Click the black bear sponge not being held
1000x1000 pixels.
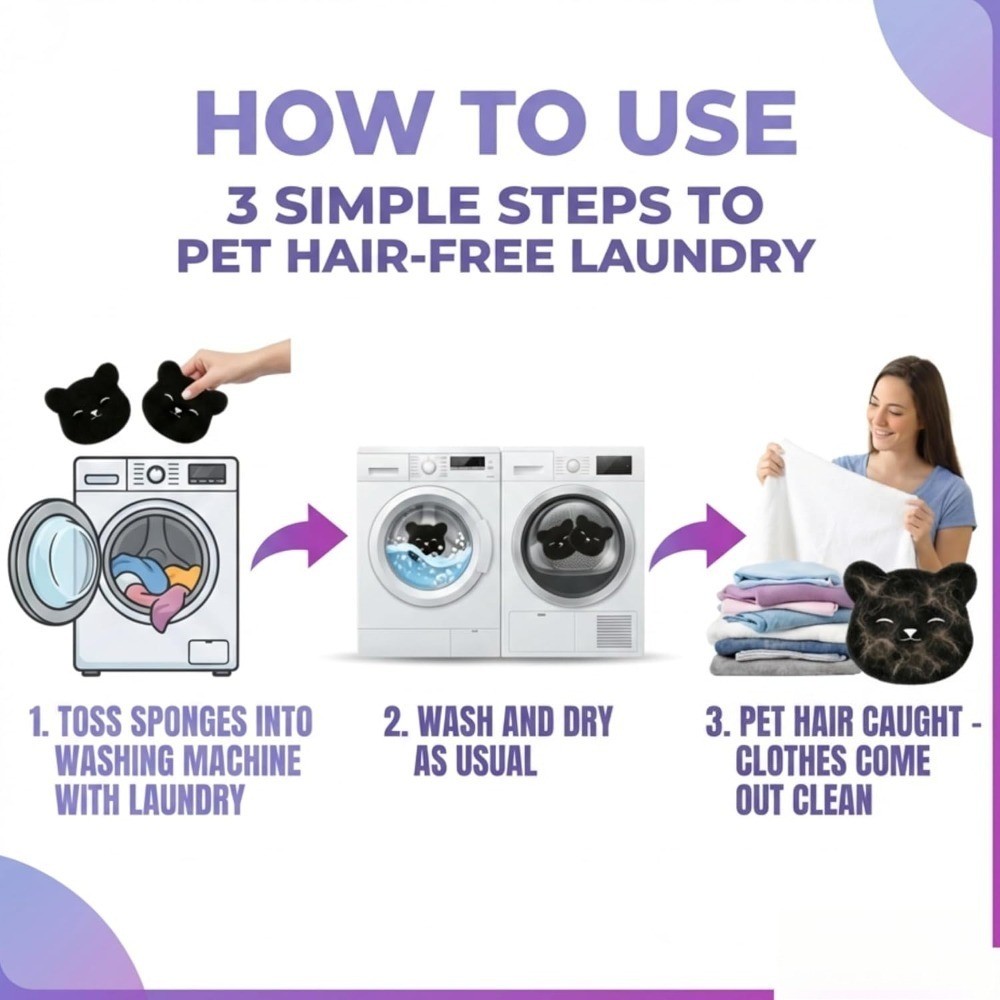click(88, 404)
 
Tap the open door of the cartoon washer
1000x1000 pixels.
click(52, 561)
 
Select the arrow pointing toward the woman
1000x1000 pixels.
click(696, 536)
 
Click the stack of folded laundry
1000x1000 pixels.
click(781, 622)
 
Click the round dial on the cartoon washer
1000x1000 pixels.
click(156, 474)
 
